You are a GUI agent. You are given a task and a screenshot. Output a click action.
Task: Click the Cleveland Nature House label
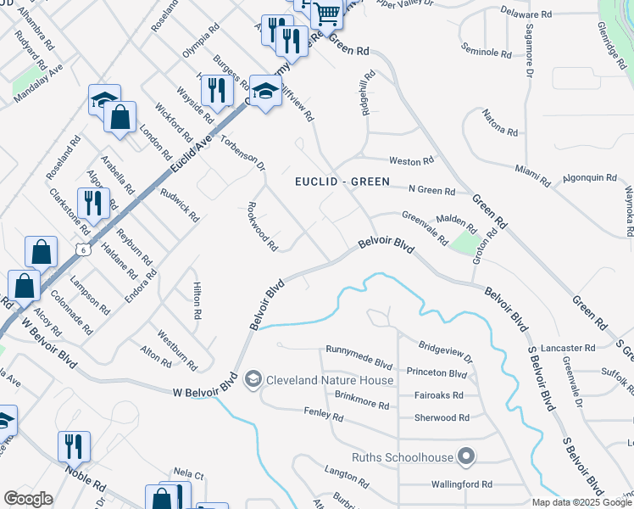pyautogui.click(x=330, y=380)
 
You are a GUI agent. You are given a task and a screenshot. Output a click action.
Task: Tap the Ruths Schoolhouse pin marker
pyautogui.click(x=464, y=457)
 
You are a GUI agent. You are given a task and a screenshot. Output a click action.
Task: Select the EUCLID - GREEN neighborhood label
pyautogui.click(x=342, y=182)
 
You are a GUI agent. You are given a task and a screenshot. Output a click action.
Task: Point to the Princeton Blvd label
pyautogui.click(x=437, y=373)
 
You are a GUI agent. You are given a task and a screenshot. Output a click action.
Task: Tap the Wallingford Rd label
pyautogui.click(x=460, y=485)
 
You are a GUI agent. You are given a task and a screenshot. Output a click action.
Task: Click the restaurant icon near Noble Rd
pyautogui.click(x=74, y=447)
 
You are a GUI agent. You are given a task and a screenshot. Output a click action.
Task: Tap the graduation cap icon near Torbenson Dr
pyautogui.click(x=265, y=92)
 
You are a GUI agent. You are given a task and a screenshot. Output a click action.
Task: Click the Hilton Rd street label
pyautogui.click(x=197, y=301)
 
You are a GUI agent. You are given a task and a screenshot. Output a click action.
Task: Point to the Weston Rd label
pyautogui.click(x=411, y=160)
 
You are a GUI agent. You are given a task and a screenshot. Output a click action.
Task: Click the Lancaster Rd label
pyautogui.click(x=590, y=348)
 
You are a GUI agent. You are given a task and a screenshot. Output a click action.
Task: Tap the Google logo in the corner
pyautogui.click(x=28, y=498)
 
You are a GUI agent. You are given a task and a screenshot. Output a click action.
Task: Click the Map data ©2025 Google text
pyautogui.click(x=582, y=502)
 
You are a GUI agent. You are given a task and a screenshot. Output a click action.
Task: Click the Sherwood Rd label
pyautogui.click(x=442, y=417)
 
